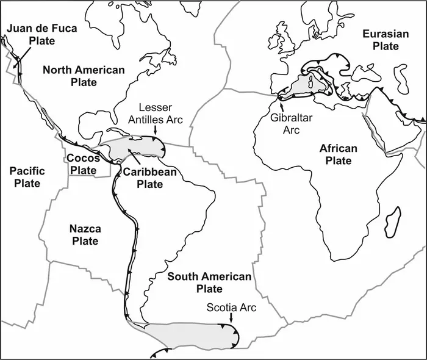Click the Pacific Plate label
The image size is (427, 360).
(x=26, y=177)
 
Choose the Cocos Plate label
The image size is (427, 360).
(x=83, y=164)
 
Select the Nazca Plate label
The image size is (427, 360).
(x=85, y=235)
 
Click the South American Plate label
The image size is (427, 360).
(x=209, y=283)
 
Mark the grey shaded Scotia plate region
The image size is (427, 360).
(x=189, y=335)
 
